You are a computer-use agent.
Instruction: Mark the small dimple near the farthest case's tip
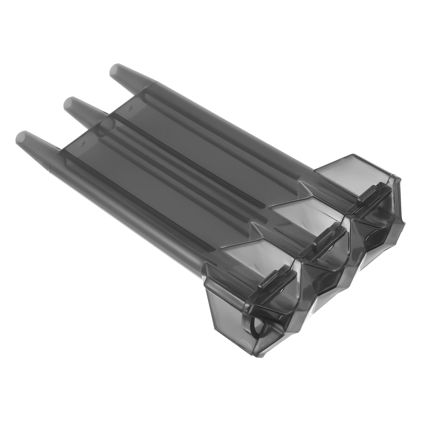[130, 107]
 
